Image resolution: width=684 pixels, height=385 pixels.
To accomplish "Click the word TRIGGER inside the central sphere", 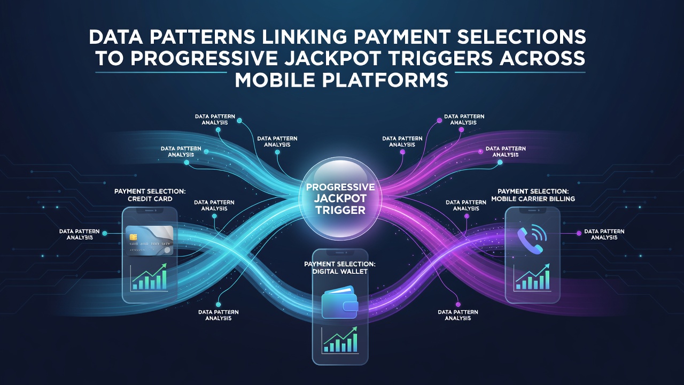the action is tap(340, 210).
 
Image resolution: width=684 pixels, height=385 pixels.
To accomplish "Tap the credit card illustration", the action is tap(149, 241).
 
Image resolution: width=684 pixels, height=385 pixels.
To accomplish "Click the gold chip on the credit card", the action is tap(133, 237).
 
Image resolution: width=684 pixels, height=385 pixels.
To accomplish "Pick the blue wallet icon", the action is tap(340, 302).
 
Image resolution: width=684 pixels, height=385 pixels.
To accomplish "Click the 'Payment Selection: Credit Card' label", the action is tap(150, 195).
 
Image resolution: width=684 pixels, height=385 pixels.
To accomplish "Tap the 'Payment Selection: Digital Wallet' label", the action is tap(340, 268).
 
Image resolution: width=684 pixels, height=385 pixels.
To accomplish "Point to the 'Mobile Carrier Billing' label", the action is tap(533, 199).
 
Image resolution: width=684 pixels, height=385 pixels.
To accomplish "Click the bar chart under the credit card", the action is tap(149, 277).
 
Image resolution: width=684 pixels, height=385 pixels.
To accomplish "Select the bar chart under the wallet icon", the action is tap(340, 340).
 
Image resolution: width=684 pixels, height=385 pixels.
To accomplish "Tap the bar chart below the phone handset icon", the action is tap(532, 276).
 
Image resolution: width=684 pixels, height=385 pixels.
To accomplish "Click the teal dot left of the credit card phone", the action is tap(105, 234).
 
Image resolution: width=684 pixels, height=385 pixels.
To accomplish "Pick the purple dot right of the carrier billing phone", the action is tap(579, 234).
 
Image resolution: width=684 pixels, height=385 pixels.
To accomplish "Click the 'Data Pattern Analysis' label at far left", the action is tap(80, 234).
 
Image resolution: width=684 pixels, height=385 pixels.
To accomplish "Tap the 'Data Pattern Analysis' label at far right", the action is tap(604, 234).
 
